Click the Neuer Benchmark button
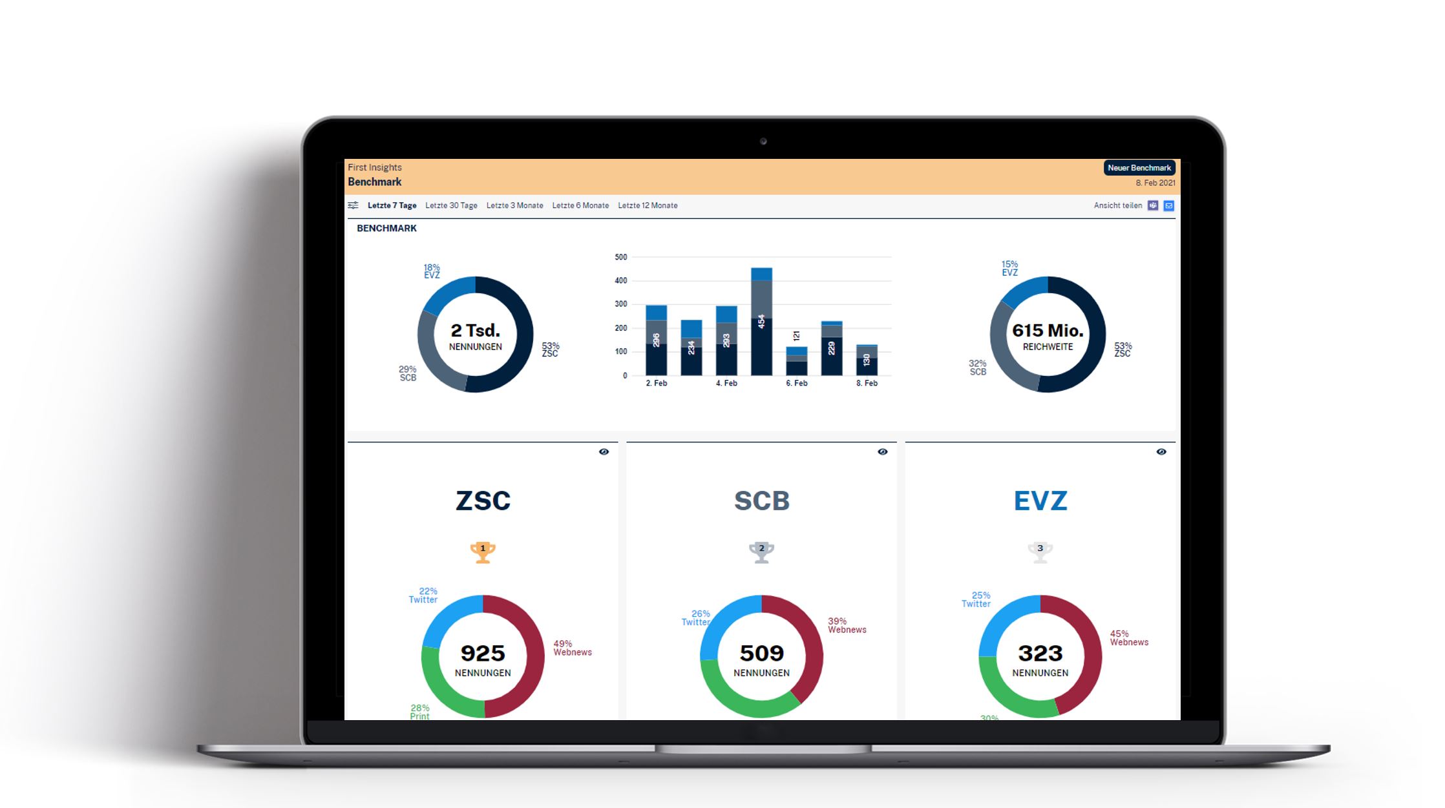(1139, 168)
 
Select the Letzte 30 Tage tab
(451, 205)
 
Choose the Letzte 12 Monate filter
(648, 205)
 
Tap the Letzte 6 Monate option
(580, 205)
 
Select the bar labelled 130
(867, 360)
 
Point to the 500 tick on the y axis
(621, 257)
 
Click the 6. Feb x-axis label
(796, 383)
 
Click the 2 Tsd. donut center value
(476, 331)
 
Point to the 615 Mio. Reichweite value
(1048, 331)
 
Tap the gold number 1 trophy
(483, 552)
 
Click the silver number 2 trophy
(761, 552)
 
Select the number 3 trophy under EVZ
(1040, 552)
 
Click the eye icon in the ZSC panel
(604, 451)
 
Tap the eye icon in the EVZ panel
(1161, 451)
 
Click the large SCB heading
(761, 501)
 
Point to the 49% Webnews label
(572, 648)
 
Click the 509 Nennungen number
(761, 654)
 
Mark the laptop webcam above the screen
(763, 141)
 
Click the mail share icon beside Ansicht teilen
(1168, 205)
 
